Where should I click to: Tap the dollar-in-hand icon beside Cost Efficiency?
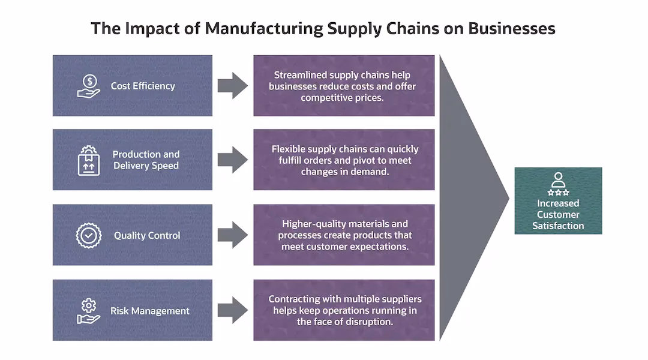point(89,86)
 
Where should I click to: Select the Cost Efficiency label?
point(143,86)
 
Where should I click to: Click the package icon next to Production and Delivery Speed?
point(89,160)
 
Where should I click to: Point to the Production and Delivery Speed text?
point(146,160)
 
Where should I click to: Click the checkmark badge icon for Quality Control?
point(89,235)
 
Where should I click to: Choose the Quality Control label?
point(147,236)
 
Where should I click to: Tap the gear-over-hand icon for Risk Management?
point(89,310)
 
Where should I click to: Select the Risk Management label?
point(149,311)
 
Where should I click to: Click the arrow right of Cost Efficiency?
point(232,86)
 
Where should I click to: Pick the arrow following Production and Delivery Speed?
point(232,160)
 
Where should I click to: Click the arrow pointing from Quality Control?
point(232,235)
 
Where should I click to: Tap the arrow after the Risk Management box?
point(232,310)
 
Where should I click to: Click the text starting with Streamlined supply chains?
point(344,86)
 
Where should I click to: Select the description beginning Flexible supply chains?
point(344,160)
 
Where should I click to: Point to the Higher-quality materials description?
point(344,235)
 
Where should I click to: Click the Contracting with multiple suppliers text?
point(344,310)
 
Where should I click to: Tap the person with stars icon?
point(558,184)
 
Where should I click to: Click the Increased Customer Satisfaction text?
point(558,215)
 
